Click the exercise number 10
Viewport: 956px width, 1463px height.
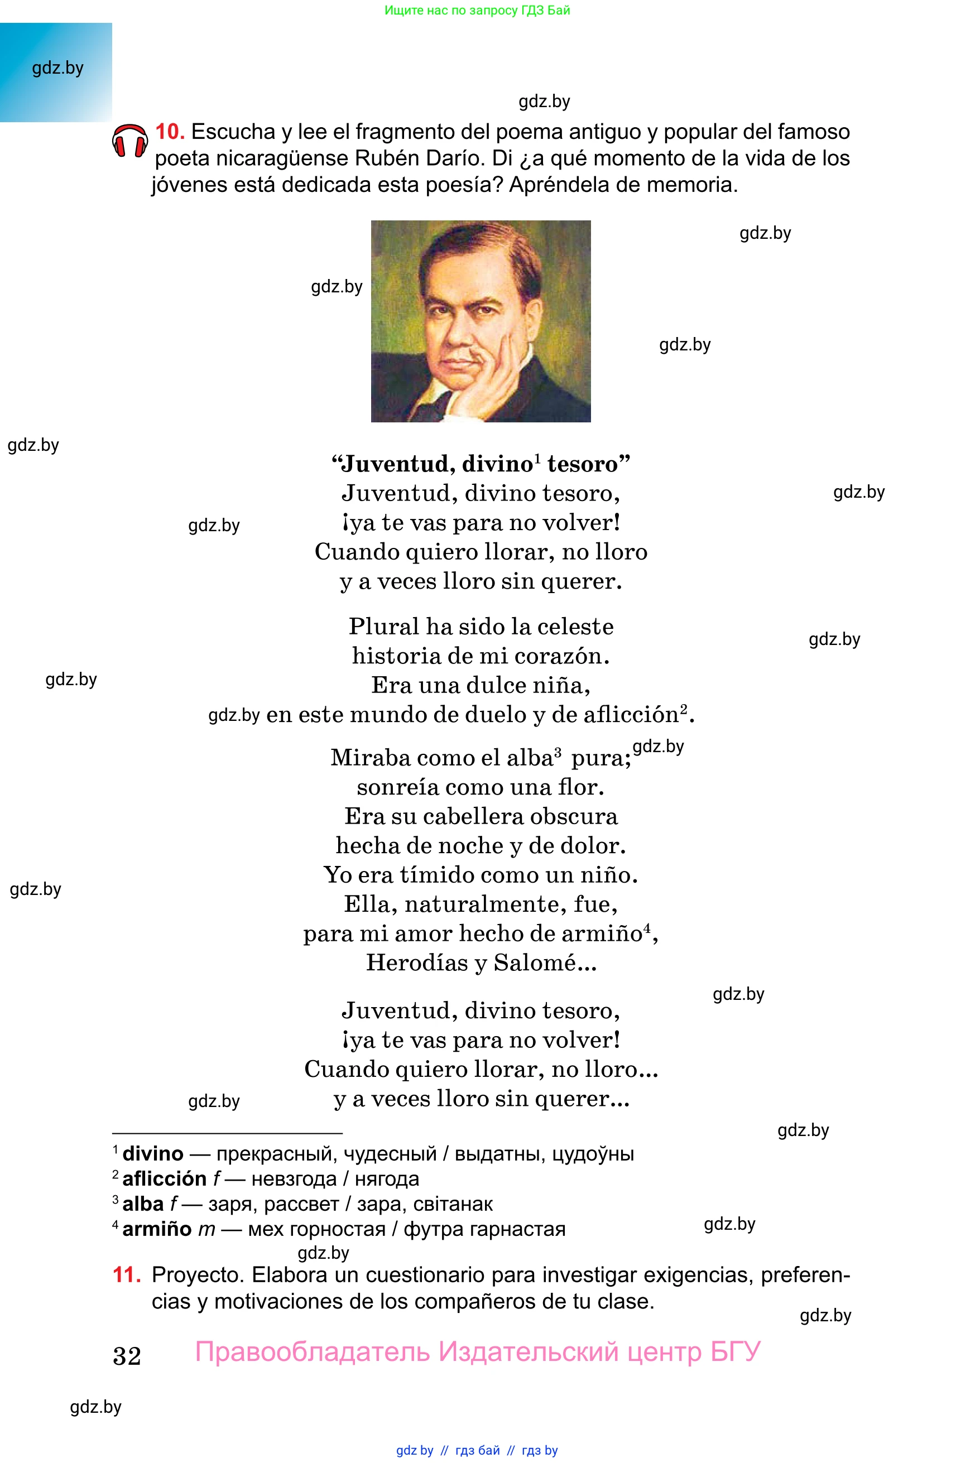coord(170,132)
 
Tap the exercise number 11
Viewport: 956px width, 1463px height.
coord(127,1274)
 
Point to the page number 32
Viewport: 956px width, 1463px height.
coord(127,1355)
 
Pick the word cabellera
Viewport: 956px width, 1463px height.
coord(473,816)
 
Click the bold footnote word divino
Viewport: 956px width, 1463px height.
coord(152,1154)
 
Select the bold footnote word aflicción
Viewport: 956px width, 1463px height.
coord(164,1179)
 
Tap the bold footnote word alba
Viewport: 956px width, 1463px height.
coord(143,1204)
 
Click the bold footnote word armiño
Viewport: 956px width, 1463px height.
coord(157,1229)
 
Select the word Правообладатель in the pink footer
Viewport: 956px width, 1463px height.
coord(313,1352)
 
